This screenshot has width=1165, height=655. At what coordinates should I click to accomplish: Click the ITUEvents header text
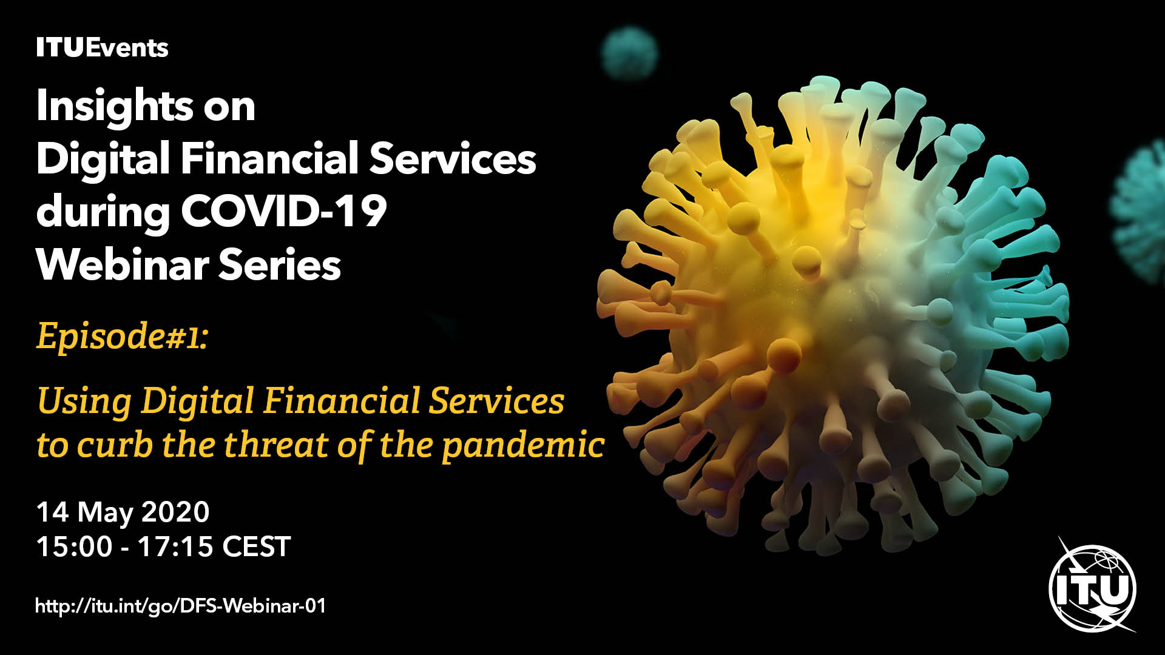click(102, 48)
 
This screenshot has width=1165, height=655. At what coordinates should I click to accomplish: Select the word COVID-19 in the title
click(284, 212)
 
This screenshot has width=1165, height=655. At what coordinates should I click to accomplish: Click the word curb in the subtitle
click(115, 445)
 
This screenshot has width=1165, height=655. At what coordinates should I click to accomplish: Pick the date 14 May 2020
click(123, 513)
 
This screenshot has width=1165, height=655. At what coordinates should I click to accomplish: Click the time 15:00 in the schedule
click(75, 547)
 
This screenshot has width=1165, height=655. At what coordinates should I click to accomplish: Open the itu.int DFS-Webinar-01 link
click(181, 606)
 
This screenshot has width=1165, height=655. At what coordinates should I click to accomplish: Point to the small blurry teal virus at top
click(629, 53)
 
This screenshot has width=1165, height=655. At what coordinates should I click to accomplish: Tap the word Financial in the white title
click(269, 158)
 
